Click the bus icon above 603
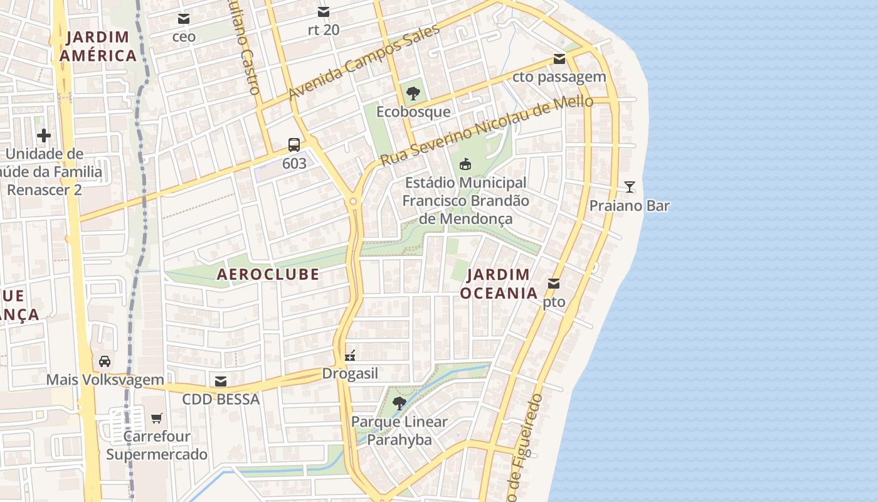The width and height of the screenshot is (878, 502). tap(294, 145)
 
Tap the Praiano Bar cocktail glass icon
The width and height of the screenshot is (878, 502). tap(630, 187)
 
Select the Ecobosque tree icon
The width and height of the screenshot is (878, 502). tap(413, 94)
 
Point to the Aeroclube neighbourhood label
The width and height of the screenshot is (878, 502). tap(268, 274)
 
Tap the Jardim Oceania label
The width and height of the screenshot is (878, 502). tap(499, 284)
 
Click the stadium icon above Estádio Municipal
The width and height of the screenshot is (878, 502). tap(465, 164)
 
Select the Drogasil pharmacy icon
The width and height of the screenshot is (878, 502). tap(350, 356)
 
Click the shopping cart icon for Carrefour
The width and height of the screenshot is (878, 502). tap(156, 418)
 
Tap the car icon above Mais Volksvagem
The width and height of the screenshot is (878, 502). tap(105, 361)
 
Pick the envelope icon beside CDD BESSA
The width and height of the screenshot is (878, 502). tap(221, 381)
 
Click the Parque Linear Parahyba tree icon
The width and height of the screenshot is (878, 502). tap(399, 403)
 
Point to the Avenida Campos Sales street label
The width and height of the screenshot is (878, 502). tap(364, 63)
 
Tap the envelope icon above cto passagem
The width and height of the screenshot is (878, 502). tap(559, 60)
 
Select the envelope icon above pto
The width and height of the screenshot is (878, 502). tap(554, 284)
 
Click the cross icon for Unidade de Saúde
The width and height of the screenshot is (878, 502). tap(44, 135)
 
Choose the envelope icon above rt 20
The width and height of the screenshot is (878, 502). tap(324, 12)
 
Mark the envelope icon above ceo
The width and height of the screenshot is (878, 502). tap(184, 19)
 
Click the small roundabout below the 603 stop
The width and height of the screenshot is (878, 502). tap(353, 201)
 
